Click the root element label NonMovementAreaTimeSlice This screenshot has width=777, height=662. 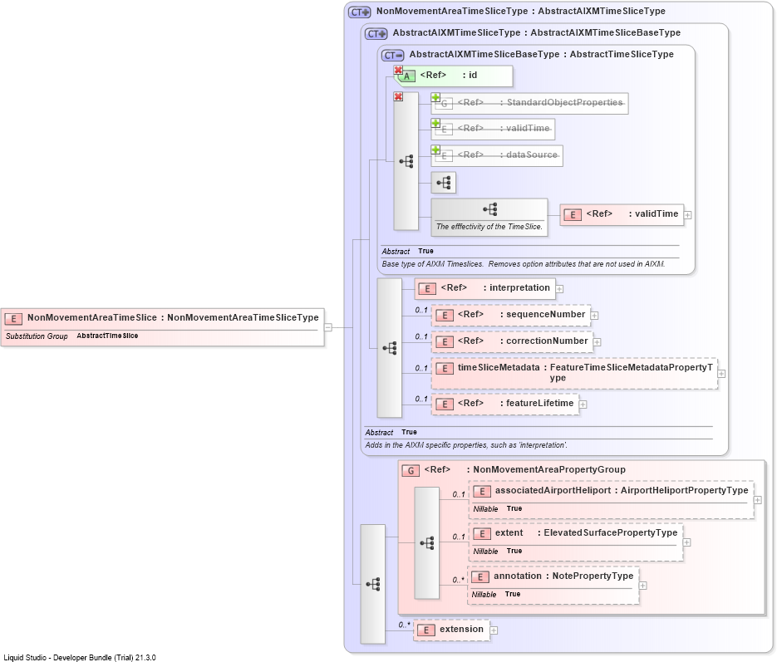click(x=91, y=317)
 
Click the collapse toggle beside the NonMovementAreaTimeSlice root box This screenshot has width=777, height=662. click(x=328, y=327)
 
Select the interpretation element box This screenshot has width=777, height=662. click(x=484, y=288)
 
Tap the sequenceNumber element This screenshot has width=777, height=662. click(x=511, y=315)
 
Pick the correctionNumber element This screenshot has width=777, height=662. click(x=513, y=341)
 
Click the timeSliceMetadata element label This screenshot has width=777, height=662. click(x=499, y=367)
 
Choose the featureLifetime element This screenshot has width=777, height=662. click(x=505, y=404)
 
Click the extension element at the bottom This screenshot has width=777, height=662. click(x=451, y=630)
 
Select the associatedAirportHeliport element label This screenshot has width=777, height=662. click(x=553, y=490)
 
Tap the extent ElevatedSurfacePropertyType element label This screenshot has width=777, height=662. click(x=586, y=532)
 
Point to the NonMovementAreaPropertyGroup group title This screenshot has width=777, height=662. click(x=549, y=469)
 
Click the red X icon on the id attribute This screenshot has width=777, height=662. click(x=398, y=71)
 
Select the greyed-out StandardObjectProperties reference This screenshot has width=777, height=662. click(x=529, y=103)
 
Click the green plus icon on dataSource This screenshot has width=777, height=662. click(x=435, y=150)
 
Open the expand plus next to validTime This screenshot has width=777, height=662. click(x=688, y=215)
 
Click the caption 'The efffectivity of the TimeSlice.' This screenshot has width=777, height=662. click(x=489, y=226)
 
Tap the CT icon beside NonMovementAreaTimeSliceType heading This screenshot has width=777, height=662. click(x=359, y=12)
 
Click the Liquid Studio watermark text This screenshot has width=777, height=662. click(x=80, y=658)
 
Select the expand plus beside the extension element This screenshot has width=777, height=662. click(x=494, y=630)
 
